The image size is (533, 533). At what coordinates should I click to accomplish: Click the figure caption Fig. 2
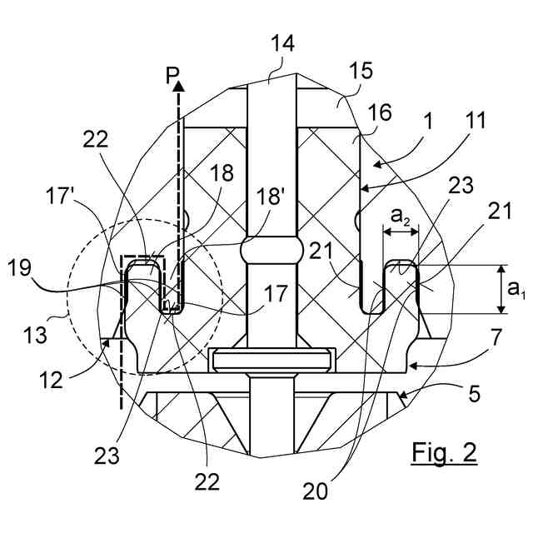click(445, 452)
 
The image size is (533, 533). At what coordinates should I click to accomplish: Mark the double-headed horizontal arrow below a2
click(400, 235)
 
